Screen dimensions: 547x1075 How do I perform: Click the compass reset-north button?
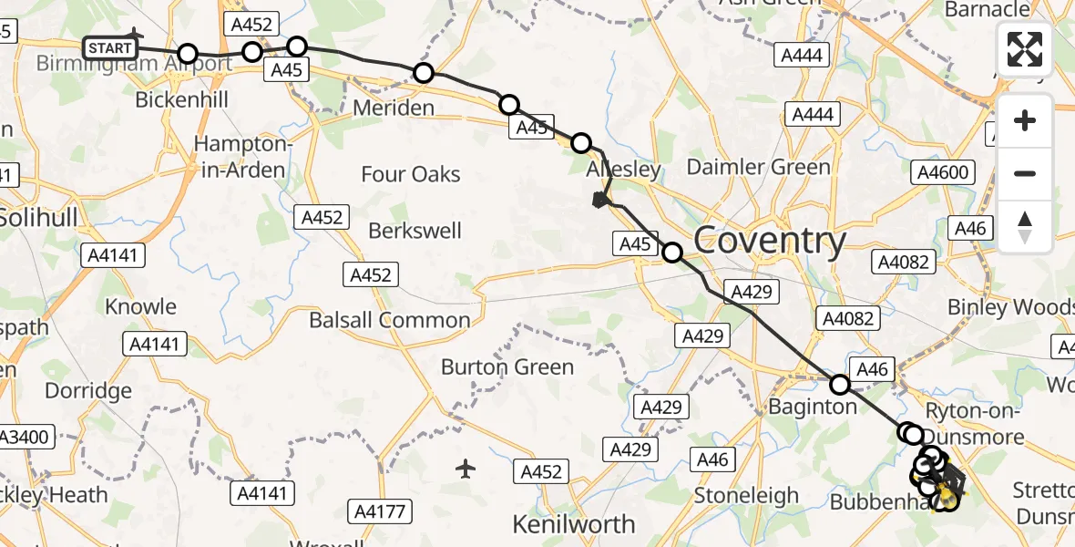tap(1025, 227)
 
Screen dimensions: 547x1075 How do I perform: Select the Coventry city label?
tap(770, 241)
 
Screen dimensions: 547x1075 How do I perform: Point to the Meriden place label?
tap(393, 108)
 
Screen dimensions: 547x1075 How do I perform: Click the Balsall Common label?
tap(390, 320)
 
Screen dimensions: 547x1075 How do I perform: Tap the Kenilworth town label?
tap(574, 524)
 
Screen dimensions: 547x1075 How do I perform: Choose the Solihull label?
tap(41, 217)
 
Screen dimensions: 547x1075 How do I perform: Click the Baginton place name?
tap(814, 407)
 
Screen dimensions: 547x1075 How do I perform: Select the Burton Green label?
tap(507, 367)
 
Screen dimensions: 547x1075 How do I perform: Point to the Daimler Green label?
tap(758, 167)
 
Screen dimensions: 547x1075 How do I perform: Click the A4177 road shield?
tap(380, 511)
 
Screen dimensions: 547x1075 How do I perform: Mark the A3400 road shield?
tap(24, 437)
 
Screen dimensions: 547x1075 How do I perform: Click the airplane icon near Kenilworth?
tap(466, 470)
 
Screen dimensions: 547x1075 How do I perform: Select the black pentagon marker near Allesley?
tap(599, 201)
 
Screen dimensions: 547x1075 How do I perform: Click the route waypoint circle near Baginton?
tap(840, 384)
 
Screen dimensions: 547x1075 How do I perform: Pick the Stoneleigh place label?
tap(747, 496)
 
